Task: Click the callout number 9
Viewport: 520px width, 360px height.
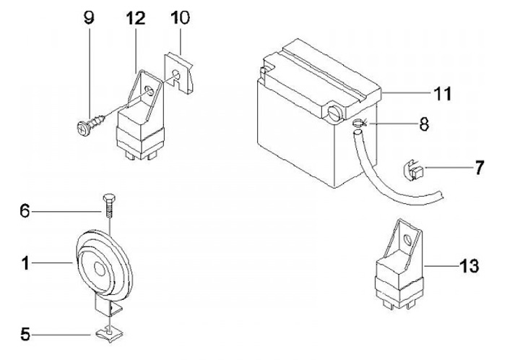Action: [88, 18]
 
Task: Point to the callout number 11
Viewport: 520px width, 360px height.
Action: [441, 93]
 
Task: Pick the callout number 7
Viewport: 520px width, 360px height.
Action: [479, 167]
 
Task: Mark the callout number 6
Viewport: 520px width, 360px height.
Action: [25, 211]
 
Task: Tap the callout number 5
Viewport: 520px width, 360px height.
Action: [25, 334]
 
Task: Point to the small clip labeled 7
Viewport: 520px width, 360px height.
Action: [409, 173]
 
